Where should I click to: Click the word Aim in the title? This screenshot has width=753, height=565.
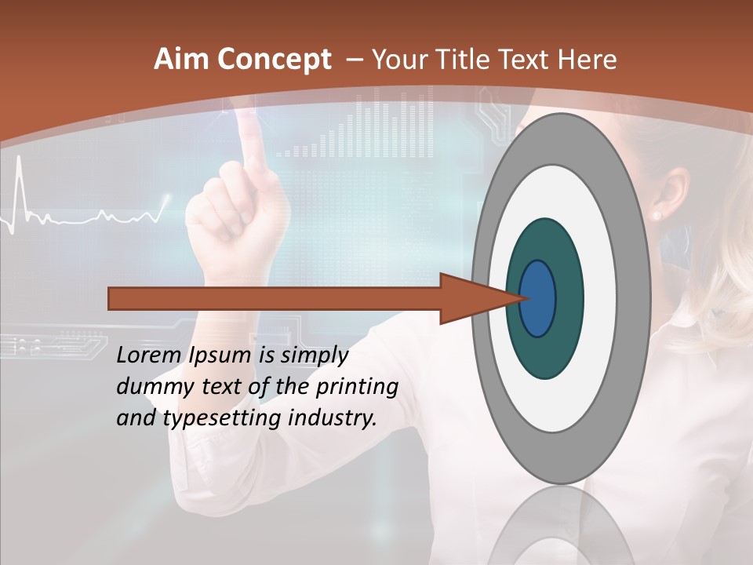(x=181, y=60)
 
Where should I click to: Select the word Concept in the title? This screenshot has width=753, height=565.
(x=273, y=60)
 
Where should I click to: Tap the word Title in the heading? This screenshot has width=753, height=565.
(x=468, y=60)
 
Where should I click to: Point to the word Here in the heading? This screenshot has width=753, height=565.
(x=587, y=60)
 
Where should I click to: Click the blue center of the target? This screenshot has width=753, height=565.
(x=538, y=298)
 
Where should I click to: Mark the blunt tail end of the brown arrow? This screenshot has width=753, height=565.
(x=111, y=298)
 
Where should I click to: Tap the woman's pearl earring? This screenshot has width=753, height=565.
(x=657, y=214)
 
